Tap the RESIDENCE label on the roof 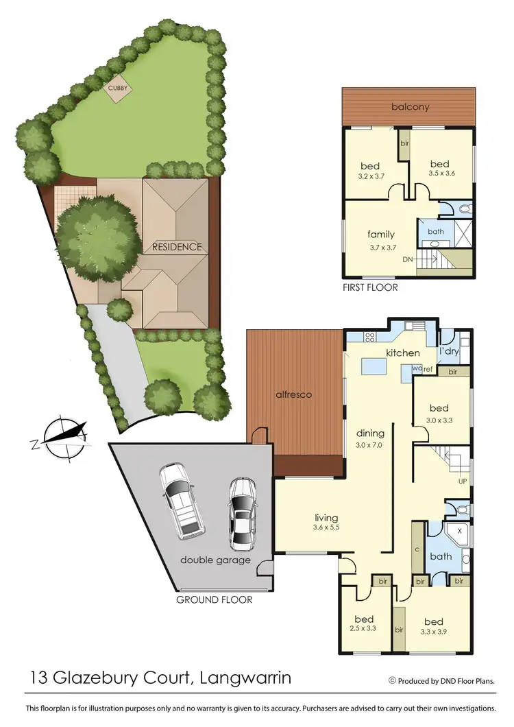[177, 247]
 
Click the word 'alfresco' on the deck [295, 394]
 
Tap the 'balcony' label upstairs [410, 106]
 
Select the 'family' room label [381, 235]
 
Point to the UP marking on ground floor [462, 481]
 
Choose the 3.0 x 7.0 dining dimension [370, 445]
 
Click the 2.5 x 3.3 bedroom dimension [365, 628]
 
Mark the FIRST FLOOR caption [370, 287]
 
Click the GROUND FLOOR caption [215, 599]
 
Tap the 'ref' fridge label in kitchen [428, 369]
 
